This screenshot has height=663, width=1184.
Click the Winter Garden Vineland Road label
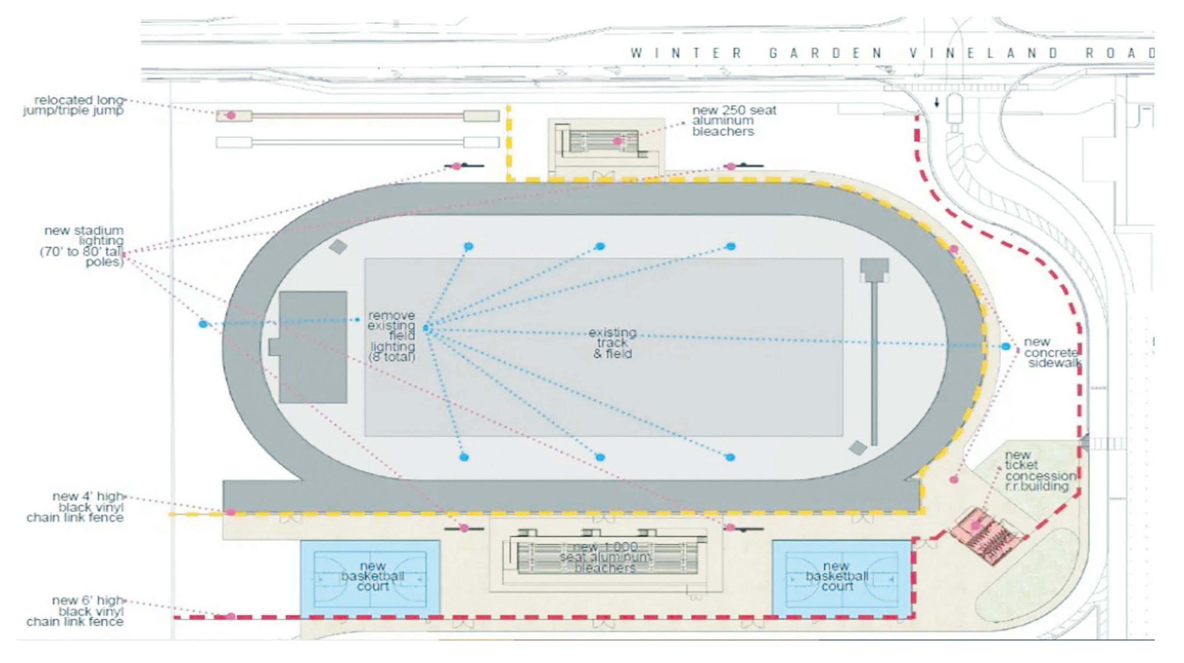coord(892,53)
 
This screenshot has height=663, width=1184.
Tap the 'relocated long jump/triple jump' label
coord(74,105)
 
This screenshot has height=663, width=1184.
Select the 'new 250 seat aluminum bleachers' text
coord(734,121)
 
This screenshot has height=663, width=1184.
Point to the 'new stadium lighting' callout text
coord(83,246)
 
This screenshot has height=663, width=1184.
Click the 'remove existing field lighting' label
coord(392,336)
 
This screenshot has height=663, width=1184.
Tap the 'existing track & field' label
coord(612,343)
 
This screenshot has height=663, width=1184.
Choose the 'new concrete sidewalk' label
coord(1052,353)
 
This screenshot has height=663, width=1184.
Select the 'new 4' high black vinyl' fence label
coord(75,507)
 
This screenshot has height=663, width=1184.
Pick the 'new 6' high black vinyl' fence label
coord(75,611)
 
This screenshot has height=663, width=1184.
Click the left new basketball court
coord(370,577)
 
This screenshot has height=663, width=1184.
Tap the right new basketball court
coord(842,577)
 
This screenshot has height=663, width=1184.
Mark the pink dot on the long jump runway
coord(231,115)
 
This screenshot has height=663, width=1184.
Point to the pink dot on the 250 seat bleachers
coord(617,141)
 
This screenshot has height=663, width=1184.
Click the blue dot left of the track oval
coord(203,324)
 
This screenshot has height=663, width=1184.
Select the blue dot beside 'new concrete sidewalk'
coord(1006,346)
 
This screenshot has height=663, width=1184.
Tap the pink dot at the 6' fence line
coord(231,616)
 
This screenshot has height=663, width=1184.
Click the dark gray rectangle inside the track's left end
coord(313,347)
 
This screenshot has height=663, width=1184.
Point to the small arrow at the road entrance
coord(937,103)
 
